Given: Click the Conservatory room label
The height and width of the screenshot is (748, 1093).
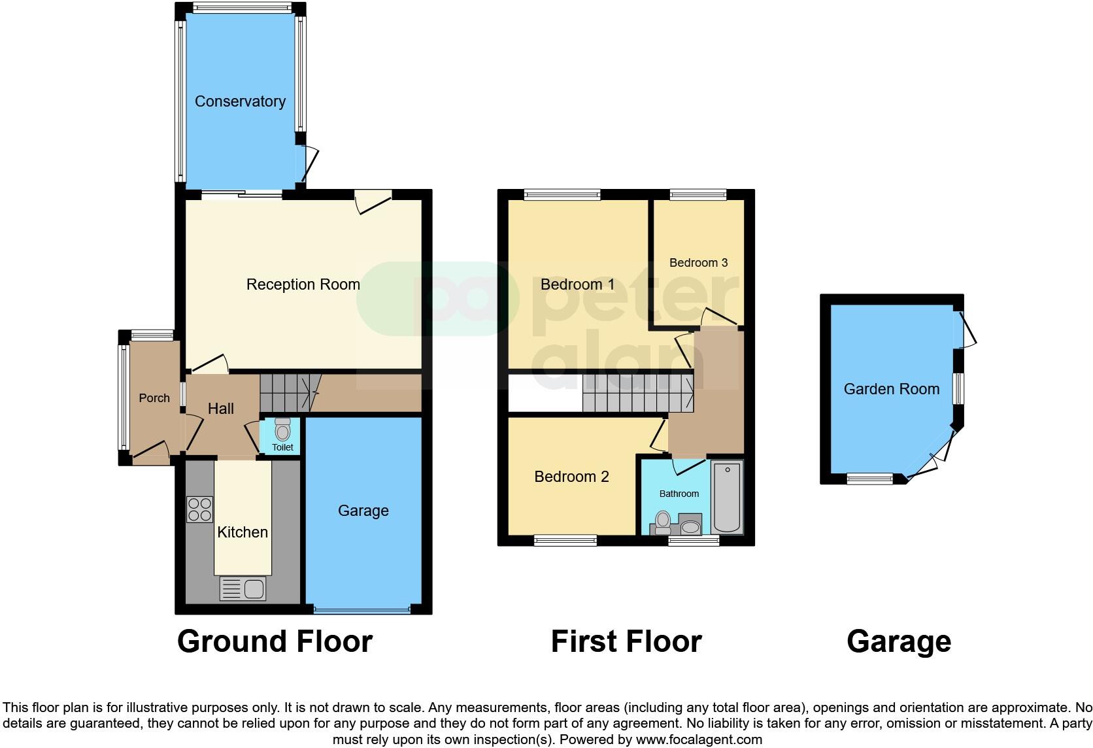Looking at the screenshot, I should pyautogui.click(x=240, y=101).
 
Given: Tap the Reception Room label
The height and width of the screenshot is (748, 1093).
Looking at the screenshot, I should pyautogui.click(x=303, y=284).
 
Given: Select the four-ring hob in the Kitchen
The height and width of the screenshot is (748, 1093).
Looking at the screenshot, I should pyautogui.click(x=200, y=509).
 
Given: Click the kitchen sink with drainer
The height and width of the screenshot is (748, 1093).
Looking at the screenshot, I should pyautogui.click(x=243, y=588).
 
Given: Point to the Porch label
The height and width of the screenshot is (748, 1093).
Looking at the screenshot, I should pyautogui.click(x=154, y=398).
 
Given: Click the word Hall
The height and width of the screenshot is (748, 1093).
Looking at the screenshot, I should pyautogui.click(x=220, y=409).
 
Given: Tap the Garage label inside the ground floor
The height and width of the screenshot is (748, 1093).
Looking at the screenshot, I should pyautogui.click(x=363, y=511).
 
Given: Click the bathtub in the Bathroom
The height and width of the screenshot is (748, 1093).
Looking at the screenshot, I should pyautogui.click(x=727, y=497).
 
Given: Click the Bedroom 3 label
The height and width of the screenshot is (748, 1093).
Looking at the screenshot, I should pyautogui.click(x=698, y=263).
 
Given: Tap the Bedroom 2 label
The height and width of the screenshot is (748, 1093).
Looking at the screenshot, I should pyautogui.click(x=571, y=477).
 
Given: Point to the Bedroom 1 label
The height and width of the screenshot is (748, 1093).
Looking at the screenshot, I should pyautogui.click(x=577, y=284).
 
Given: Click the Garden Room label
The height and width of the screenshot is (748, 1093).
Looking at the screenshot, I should pyautogui.click(x=891, y=389).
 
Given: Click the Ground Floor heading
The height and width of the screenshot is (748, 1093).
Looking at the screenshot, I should pyautogui.click(x=275, y=641).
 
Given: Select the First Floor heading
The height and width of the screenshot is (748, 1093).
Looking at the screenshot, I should pyautogui.click(x=626, y=641).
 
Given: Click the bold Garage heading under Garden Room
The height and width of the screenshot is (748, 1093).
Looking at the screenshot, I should pyautogui.click(x=898, y=641).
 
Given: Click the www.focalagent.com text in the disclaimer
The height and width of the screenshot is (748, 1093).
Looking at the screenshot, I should pyautogui.click(x=698, y=739).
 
